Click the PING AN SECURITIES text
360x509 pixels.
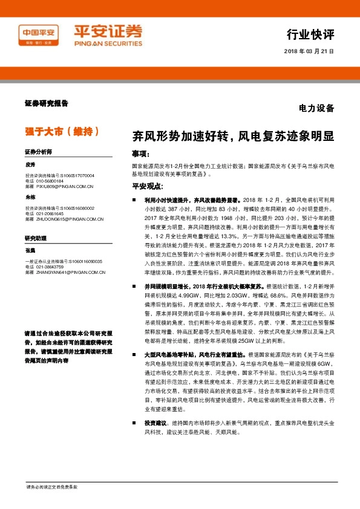coord(108,44)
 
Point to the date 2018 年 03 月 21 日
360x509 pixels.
coord(309,51)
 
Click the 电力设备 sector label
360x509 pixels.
coord(316,109)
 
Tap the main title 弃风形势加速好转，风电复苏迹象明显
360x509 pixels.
coord(233,136)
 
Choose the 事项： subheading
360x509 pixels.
coord(141,154)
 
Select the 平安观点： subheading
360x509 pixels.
coord(147,186)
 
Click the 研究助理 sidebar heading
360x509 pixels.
coord(36,238)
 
